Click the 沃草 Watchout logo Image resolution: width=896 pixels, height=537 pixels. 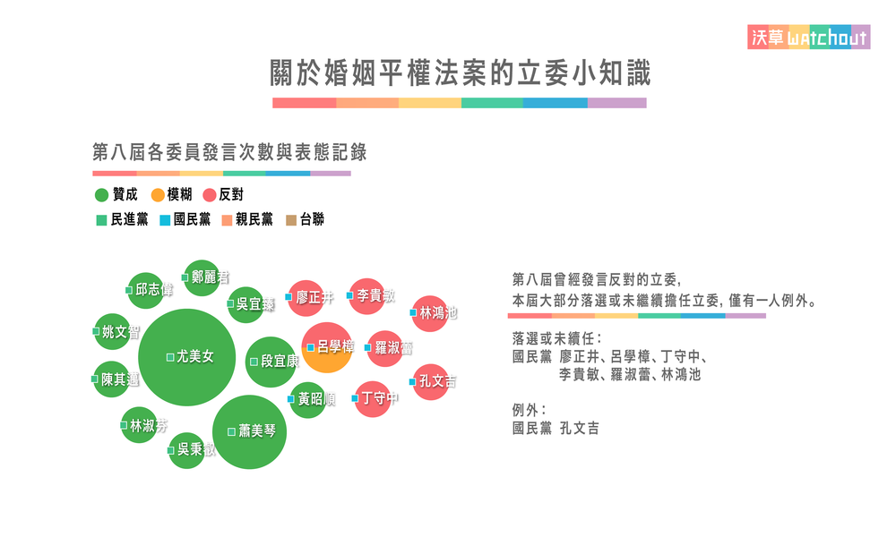(808, 37)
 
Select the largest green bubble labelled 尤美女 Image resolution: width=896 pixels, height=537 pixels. (186, 356)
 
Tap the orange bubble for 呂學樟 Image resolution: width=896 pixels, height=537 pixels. (327, 347)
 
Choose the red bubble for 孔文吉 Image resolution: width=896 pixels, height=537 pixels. (431, 381)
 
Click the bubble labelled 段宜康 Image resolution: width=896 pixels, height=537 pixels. (271, 362)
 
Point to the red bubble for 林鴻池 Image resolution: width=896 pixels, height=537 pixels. (430, 313)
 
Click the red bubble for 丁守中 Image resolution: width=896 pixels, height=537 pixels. (374, 398)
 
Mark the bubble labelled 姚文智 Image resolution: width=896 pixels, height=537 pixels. (117, 332)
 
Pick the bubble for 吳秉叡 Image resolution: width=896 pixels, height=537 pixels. (189, 449)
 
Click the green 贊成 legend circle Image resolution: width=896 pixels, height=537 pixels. (101, 195)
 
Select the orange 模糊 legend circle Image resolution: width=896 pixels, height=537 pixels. (157, 195)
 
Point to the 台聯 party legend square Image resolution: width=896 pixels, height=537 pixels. (290, 220)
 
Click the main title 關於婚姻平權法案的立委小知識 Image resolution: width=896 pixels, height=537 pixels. (460, 72)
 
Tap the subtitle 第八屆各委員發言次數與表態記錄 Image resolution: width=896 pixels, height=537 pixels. (230, 152)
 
